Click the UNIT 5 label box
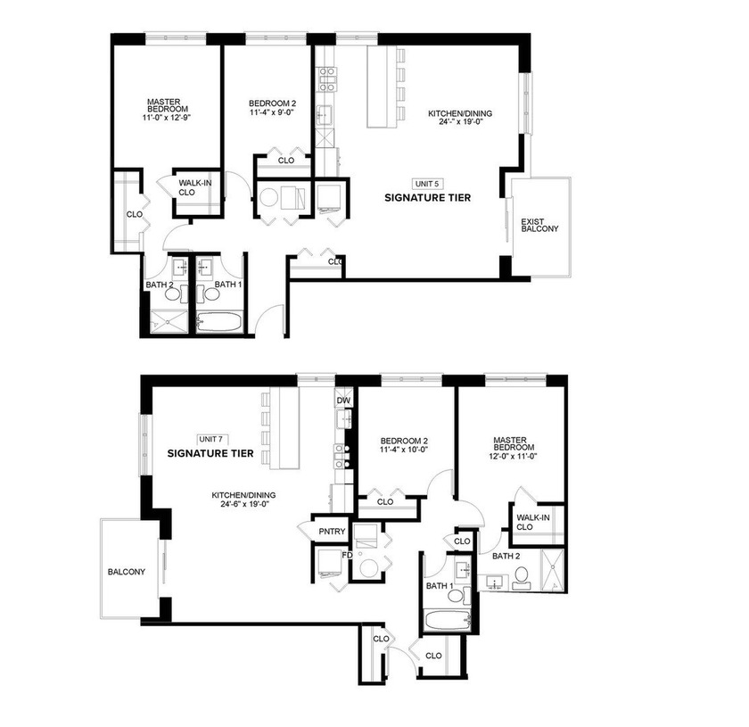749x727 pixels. point(427,183)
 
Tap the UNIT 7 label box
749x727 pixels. point(210,439)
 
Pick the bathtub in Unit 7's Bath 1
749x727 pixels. point(443,621)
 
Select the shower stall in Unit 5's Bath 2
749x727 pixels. point(165,322)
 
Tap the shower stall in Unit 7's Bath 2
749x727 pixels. point(552,571)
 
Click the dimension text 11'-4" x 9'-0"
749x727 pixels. point(273,113)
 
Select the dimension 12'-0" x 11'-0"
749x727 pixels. point(512,455)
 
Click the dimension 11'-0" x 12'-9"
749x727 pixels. point(167,117)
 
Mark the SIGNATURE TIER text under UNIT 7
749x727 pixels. point(210,454)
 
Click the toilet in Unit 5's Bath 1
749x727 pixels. point(213,292)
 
